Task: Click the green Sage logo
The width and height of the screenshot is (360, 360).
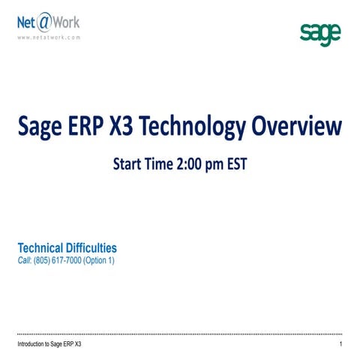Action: tap(320, 34)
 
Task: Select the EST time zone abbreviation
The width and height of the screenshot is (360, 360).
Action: tap(235, 161)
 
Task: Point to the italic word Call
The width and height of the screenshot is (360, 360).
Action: tap(24, 260)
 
